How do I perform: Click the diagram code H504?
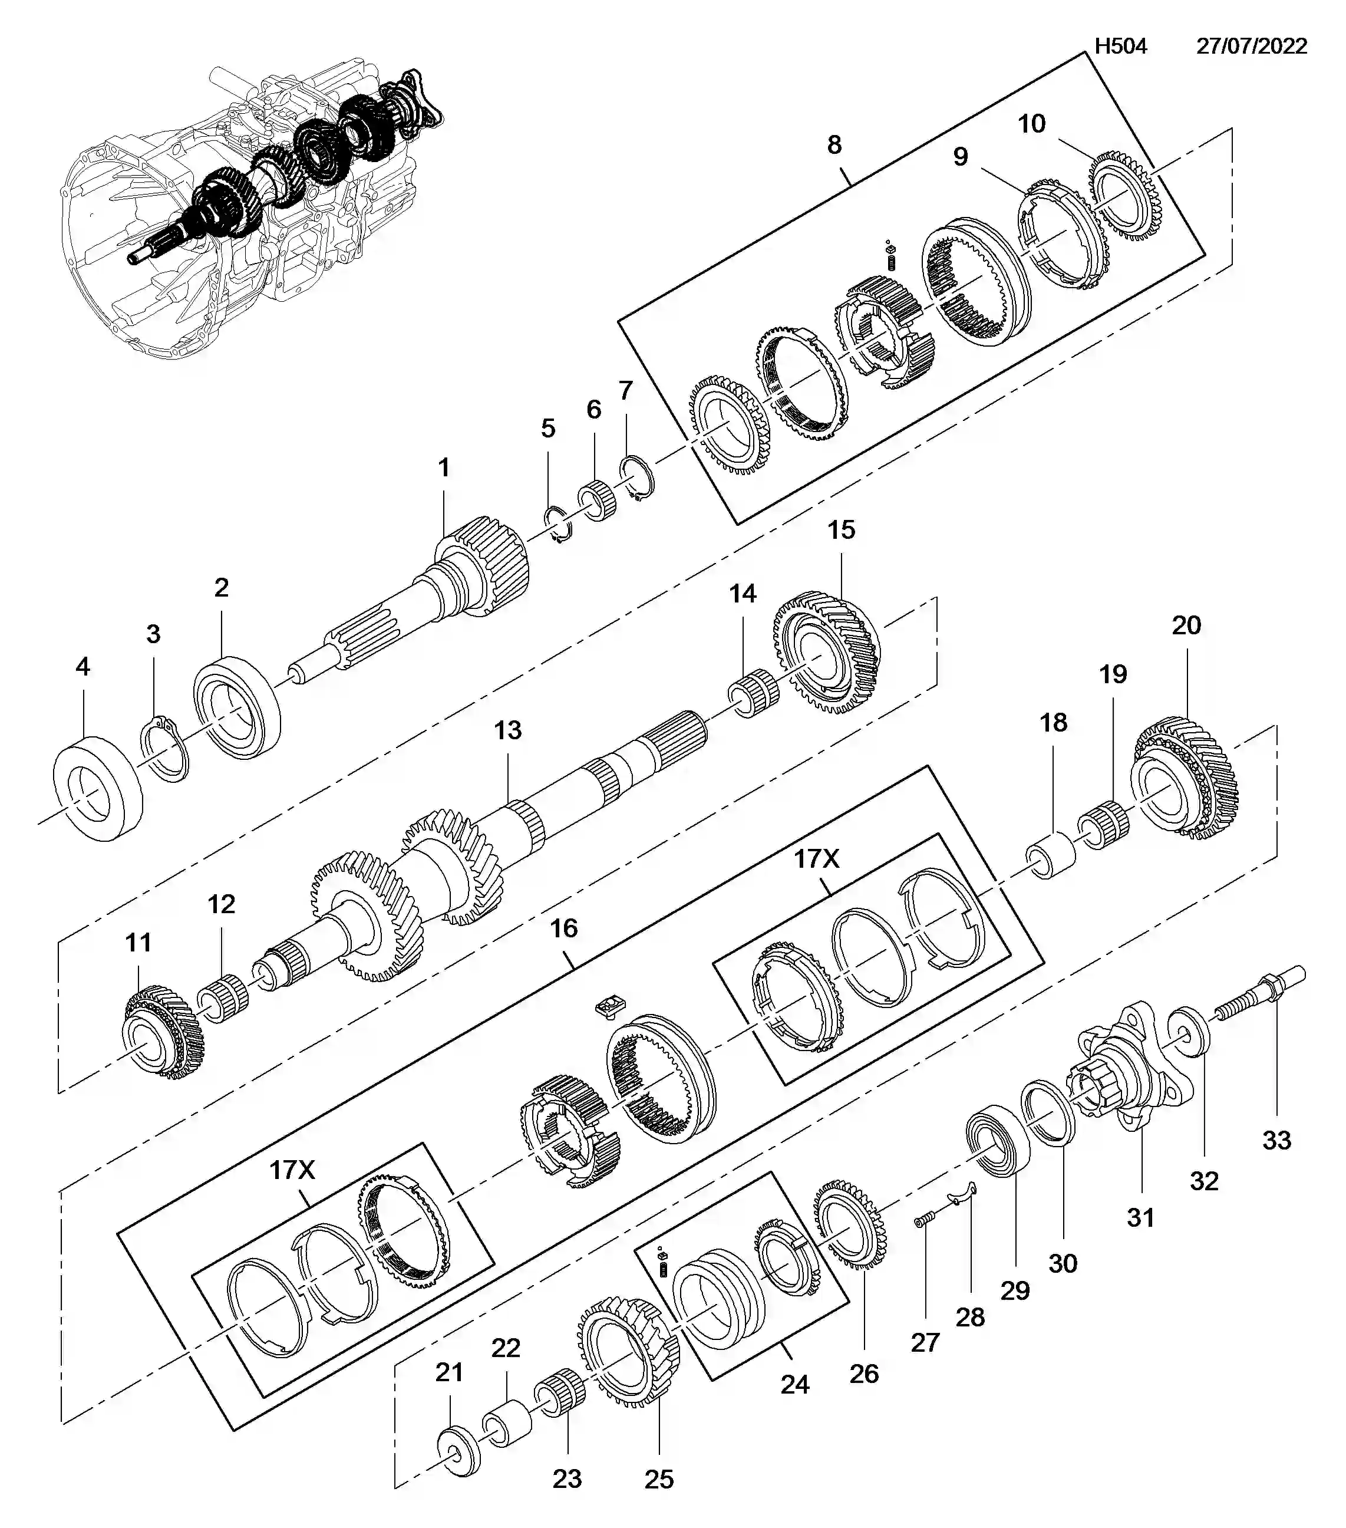coord(1120,47)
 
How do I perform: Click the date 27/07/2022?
coord(1251,47)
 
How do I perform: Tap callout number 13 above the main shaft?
coord(507,730)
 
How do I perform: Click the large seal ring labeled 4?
coord(98,788)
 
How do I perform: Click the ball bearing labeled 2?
coord(237,706)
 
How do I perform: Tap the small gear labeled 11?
coord(161,1032)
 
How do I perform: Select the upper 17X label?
coord(816,859)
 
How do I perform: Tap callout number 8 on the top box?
coord(834,144)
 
